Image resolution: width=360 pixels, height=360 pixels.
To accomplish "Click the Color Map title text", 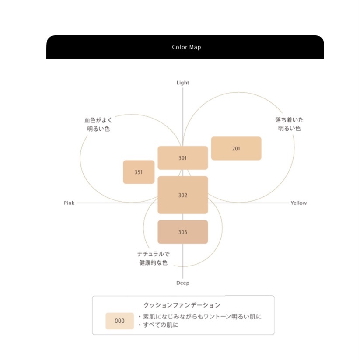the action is click(x=186, y=47).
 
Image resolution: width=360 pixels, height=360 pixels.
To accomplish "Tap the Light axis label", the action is click(x=183, y=83).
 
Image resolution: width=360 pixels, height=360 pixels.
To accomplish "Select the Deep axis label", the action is click(x=183, y=283).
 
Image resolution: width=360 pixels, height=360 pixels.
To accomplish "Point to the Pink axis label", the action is click(x=69, y=203).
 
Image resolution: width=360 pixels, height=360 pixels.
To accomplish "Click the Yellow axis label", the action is click(x=299, y=203).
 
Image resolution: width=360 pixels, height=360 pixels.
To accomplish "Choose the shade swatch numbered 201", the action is click(x=236, y=149).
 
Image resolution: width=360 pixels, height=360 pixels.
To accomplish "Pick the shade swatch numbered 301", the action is click(x=183, y=158).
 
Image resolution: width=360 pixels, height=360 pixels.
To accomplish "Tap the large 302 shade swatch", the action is click(x=183, y=195).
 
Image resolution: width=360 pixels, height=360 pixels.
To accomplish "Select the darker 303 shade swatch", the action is click(x=183, y=232).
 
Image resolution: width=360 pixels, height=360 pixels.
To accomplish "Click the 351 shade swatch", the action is click(x=139, y=172).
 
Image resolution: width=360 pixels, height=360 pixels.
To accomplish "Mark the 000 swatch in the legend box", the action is click(x=119, y=321).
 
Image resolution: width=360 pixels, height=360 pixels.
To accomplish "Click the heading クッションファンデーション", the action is click(x=182, y=305).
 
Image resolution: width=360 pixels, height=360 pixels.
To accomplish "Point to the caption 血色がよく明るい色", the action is click(x=98, y=124).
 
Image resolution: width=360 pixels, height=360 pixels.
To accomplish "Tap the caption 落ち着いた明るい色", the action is click(x=289, y=124).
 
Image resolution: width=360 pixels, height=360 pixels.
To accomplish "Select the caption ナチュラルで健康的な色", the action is click(x=154, y=258).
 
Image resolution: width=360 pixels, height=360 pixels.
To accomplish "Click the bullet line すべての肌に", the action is click(x=158, y=325).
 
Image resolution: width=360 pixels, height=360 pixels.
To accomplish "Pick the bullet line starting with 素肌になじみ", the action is click(x=200, y=317).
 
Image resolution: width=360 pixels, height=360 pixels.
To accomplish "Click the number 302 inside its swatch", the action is click(x=183, y=195).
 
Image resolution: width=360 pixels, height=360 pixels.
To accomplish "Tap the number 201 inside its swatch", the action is click(x=236, y=149).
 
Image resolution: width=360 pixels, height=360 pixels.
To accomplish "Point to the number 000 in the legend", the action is click(x=119, y=321).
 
